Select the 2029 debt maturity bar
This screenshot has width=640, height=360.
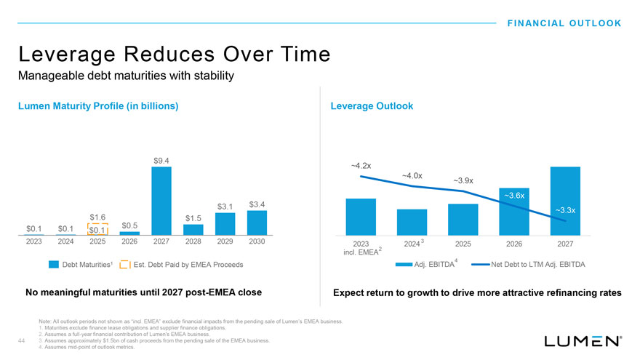click(x=225, y=224)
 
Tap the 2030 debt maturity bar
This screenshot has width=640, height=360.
click(x=257, y=223)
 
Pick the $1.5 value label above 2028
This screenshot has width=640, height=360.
click(x=193, y=218)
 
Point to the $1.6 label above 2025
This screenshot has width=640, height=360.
click(x=98, y=217)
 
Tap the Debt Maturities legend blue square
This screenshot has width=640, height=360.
click(x=53, y=264)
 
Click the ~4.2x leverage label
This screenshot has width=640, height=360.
click(x=361, y=165)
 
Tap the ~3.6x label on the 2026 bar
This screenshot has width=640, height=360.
click(x=514, y=195)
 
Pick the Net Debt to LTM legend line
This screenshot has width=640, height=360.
click(x=480, y=264)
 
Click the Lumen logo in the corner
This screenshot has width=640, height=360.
click(x=582, y=340)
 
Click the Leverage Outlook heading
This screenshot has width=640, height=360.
click(x=372, y=106)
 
